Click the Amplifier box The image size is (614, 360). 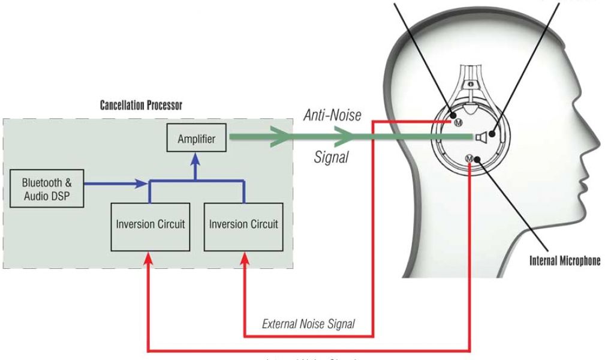(x=197, y=139)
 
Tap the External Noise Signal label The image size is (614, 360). (x=308, y=325)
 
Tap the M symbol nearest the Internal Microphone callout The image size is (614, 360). (x=469, y=158)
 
